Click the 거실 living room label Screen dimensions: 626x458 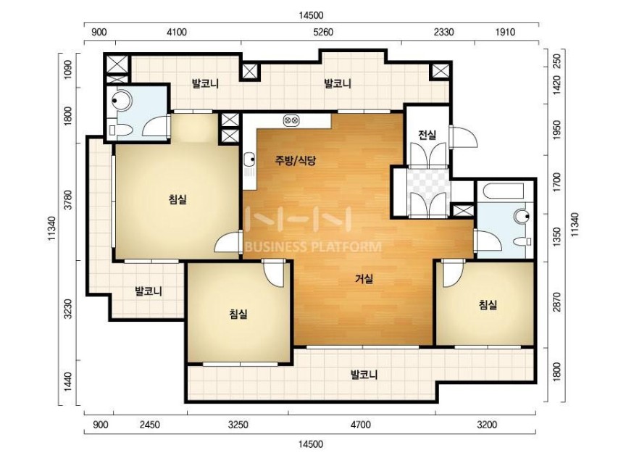click(x=364, y=279)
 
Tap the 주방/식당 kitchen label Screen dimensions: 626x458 click(x=295, y=161)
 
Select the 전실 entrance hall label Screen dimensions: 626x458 click(x=427, y=135)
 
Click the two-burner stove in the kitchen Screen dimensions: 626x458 click(x=291, y=120)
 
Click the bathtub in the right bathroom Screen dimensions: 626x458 click(x=504, y=191)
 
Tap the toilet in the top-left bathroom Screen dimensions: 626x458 click(x=120, y=130)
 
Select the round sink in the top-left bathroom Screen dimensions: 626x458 click(x=121, y=100)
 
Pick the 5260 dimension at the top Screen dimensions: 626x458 click(x=323, y=32)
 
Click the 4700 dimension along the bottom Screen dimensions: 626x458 click(x=361, y=425)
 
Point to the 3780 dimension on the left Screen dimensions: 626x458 click(x=68, y=200)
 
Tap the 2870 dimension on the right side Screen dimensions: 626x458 click(x=557, y=302)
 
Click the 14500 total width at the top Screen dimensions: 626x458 click(x=311, y=15)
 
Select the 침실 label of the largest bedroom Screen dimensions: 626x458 click(x=178, y=199)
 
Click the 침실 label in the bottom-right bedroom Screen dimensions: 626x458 click(x=488, y=305)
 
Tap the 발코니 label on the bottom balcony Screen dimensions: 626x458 click(x=364, y=375)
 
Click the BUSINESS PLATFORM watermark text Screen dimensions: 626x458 click(x=312, y=247)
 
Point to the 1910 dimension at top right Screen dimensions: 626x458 click(x=506, y=32)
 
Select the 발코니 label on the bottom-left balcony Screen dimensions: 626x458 click(x=149, y=291)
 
